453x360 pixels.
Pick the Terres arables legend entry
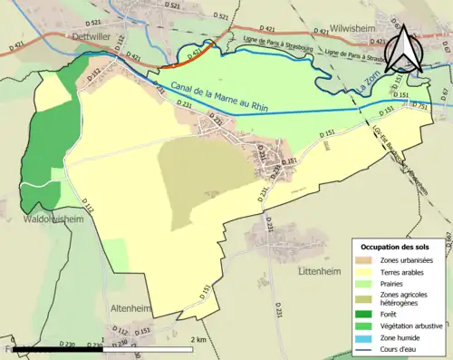402,270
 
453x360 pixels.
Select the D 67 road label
443,92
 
